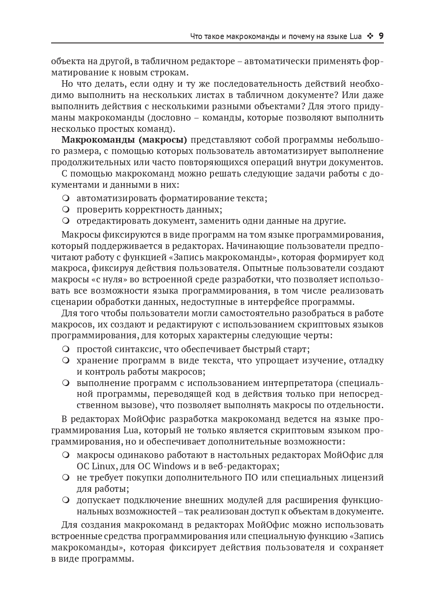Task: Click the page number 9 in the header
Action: (x=381, y=36)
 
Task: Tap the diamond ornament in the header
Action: (x=370, y=36)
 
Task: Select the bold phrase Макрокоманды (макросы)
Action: (x=124, y=140)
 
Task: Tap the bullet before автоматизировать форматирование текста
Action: (x=66, y=198)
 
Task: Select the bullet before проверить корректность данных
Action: (x=66, y=209)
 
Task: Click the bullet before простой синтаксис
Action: (x=66, y=349)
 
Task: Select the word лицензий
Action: (x=363, y=478)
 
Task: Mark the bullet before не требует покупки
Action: (x=66, y=478)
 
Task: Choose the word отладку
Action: (x=365, y=360)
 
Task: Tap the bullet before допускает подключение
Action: (x=66, y=500)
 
